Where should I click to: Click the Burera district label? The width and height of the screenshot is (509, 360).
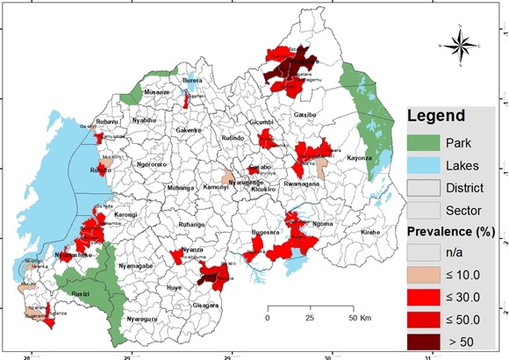(x=191, y=81)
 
